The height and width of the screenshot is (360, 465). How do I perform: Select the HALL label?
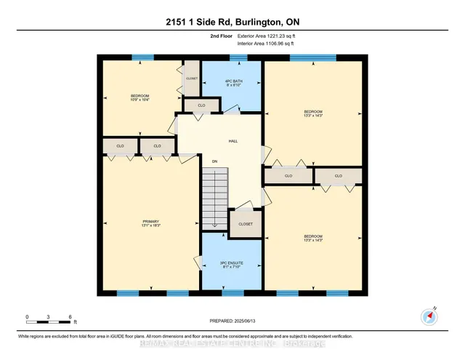tap(233, 141)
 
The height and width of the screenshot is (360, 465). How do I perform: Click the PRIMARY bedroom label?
tap(150, 225)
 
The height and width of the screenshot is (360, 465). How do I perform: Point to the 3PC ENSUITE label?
tap(232, 264)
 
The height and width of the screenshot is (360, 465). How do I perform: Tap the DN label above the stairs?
tap(214, 161)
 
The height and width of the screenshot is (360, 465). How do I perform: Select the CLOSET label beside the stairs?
tap(245, 224)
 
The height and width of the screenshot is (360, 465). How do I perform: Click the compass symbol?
tap(429, 316)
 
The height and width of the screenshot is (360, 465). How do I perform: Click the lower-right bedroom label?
tap(313, 238)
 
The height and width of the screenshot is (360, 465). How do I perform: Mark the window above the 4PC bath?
tap(238, 57)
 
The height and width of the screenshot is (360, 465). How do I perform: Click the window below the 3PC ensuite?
tap(232, 293)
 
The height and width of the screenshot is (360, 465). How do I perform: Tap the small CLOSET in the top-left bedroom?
tap(192, 78)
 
